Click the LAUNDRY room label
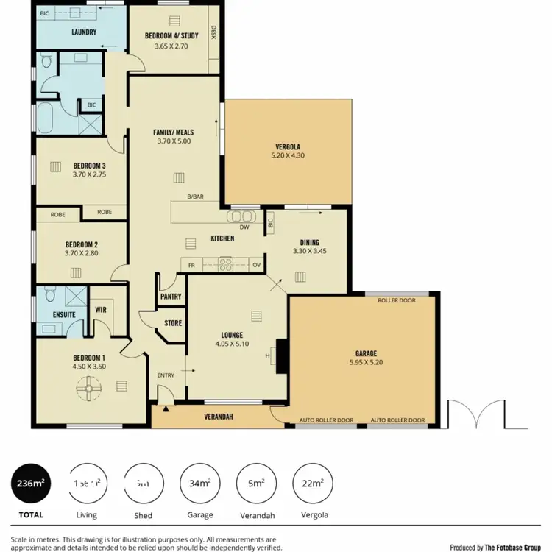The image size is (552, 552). click(x=85, y=33)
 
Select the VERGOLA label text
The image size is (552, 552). click(x=286, y=146)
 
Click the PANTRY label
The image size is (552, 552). click(x=171, y=297)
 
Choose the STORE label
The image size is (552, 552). click(x=173, y=323)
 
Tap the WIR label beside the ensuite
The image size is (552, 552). click(x=101, y=310)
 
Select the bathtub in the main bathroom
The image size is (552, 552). click(x=45, y=118)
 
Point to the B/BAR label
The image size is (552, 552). click(x=195, y=197)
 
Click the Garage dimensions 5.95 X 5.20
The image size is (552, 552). click(x=366, y=362)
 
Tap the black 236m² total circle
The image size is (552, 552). click(x=31, y=483)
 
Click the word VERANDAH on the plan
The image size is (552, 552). click(x=218, y=417)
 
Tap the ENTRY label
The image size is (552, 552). click(x=166, y=375)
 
